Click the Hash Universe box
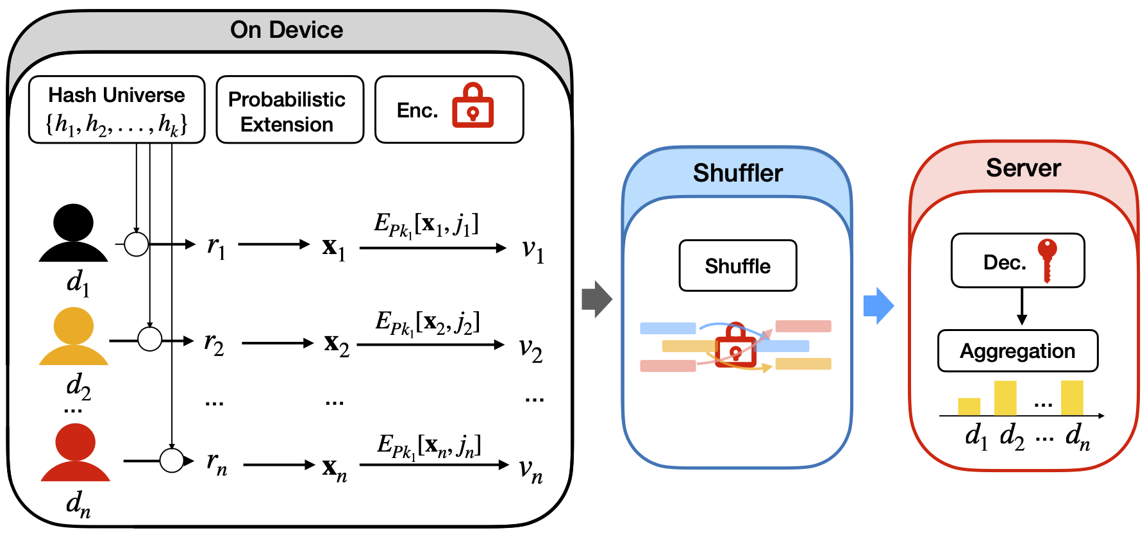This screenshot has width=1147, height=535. (x=117, y=109)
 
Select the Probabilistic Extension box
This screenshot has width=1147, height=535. (x=290, y=110)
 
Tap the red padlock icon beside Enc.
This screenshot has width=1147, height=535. (x=473, y=106)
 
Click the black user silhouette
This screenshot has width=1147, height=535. (x=74, y=233)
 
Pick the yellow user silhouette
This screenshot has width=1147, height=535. (x=74, y=337)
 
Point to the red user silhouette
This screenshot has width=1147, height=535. (x=75, y=452)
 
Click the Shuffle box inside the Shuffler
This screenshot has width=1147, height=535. (x=737, y=266)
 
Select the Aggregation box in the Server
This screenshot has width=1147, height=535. (x=1017, y=351)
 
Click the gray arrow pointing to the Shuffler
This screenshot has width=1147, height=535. (x=596, y=299)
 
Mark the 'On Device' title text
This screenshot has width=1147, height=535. (x=287, y=30)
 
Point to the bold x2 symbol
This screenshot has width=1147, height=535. (x=337, y=344)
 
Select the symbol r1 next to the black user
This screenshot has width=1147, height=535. (x=216, y=246)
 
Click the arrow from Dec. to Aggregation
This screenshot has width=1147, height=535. (x=1022, y=307)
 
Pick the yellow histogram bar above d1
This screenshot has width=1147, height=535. (x=969, y=407)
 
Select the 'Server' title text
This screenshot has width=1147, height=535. (x=1023, y=168)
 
